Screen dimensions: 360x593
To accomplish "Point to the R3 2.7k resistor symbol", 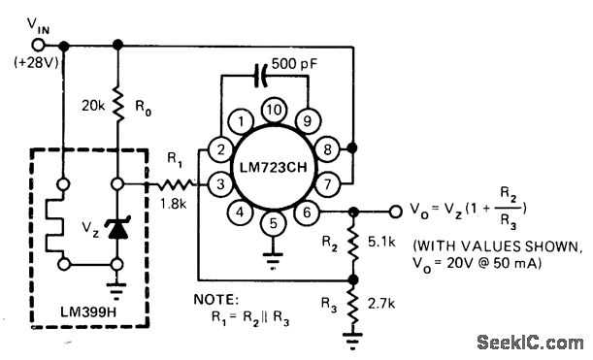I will [x=354, y=305].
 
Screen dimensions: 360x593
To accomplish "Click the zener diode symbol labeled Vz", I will [x=118, y=226].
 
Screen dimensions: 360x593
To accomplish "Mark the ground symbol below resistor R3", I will [x=353, y=340].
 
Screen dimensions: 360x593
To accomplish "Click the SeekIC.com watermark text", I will [x=530, y=342].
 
